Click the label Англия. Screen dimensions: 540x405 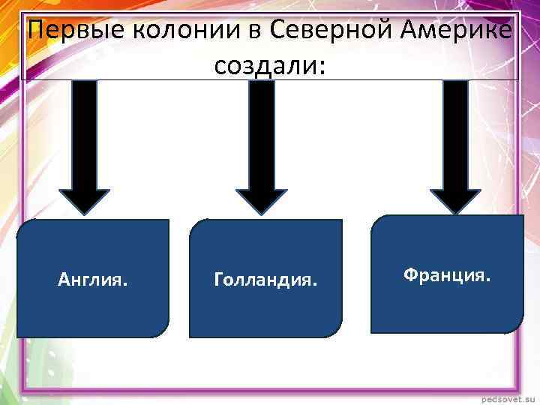click(x=92, y=280)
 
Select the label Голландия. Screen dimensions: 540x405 click(x=265, y=280)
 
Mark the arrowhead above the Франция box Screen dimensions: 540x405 click(x=455, y=199)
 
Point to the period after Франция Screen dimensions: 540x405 click(x=489, y=280)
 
